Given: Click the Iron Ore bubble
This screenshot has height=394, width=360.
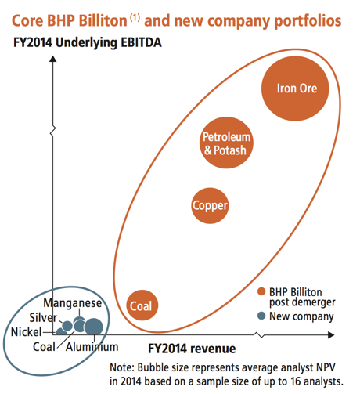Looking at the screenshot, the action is [x=295, y=89].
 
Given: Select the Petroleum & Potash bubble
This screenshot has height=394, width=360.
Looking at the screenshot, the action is [x=226, y=143].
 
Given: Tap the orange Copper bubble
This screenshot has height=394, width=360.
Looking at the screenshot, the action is [x=210, y=206].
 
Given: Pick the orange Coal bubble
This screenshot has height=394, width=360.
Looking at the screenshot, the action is [x=142, y=305].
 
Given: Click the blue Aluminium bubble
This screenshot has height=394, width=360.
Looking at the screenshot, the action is [x=93, y=327].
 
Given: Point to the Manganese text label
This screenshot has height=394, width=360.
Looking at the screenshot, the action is [x=73, y=303].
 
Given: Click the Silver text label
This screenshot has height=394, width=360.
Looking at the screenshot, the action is [x=43, y=317].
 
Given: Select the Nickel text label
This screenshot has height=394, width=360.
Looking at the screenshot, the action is [x=27, y=332].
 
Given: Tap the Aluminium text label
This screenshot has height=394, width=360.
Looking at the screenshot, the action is [x=92, y=347].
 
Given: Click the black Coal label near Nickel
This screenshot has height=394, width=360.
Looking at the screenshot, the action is [x=44, y=347].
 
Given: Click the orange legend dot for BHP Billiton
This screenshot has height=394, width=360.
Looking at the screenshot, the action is [x=261, y=291].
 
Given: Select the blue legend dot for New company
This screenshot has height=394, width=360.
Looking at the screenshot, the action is [x=261, y=316].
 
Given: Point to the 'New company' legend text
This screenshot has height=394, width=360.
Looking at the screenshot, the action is [x=301, y=316].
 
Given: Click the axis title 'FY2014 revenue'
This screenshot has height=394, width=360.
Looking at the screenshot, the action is [x=192, y=349].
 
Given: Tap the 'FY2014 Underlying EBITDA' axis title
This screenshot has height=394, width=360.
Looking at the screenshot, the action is [x=88, y=43].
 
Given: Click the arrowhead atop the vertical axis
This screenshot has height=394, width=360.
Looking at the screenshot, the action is [x=53, y=59].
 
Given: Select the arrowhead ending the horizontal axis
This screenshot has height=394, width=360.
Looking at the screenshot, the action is [x=331, y=334].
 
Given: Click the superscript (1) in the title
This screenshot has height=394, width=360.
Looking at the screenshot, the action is [x=135, y=17].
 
